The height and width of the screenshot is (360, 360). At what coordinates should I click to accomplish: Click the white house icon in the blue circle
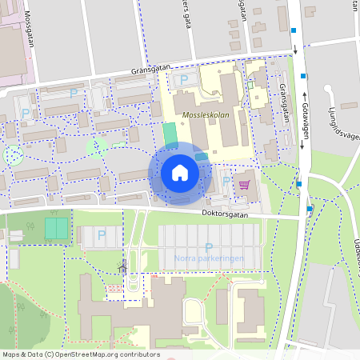[x=180, y=173]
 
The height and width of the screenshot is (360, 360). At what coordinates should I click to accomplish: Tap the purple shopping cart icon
[x=244, y=185]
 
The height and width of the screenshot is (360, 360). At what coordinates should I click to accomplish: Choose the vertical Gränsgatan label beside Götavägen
[x=284, y=104]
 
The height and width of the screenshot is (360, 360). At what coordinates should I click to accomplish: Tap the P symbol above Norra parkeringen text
[x=209, y=247]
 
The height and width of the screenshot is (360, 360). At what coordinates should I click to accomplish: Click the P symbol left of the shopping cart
[x=226, y=182]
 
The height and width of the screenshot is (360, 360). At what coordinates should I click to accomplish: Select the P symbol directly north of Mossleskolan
[x=184, y=79]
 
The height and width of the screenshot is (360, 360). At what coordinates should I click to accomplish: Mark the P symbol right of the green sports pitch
[x=101, y=234]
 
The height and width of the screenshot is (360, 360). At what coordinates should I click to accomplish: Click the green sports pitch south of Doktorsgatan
[x=56, y=228]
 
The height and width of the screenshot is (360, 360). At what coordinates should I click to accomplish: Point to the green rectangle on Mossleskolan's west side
[x=170, y=134]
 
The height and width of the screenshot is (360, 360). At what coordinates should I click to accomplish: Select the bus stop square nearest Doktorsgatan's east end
[x=310, y=209]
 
